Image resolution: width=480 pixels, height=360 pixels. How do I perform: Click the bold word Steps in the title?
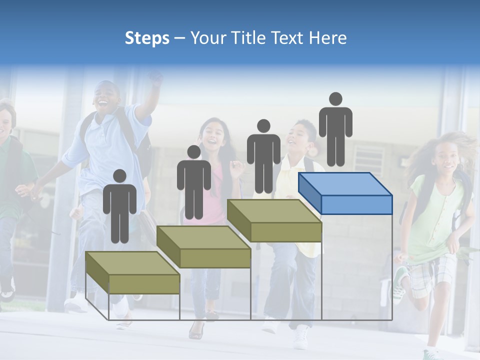click(x=147, y=38)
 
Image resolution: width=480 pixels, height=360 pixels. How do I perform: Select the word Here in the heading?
click(x=328, y=38)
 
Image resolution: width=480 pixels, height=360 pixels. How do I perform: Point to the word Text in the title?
click(x=289, y=38)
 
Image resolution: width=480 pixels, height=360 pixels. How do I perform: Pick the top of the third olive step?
click(x=274, y=211)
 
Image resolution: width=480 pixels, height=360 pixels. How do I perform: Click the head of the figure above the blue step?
click(x=335, y=99)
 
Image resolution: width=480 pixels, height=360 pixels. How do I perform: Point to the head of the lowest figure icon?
click(x=119, y=176)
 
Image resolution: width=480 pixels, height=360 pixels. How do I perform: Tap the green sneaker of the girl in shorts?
click(x=399, y=283)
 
